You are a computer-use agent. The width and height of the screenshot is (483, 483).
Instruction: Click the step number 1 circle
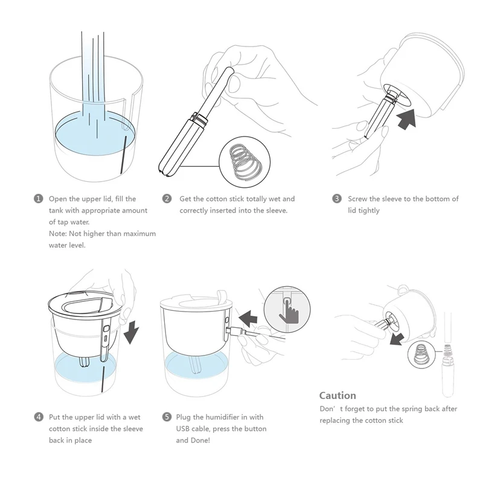point(38,199)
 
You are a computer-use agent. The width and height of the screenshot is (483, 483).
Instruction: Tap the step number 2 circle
point(167,199)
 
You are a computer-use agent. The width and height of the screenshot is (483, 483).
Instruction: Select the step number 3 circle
point(337,199)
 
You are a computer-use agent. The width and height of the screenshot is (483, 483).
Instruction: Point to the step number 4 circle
point(39,417)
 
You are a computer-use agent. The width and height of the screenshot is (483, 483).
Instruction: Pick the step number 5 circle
point(167,417)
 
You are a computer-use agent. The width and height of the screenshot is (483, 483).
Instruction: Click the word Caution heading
point(337,395)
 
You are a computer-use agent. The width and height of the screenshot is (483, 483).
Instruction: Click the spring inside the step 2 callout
point(246,161)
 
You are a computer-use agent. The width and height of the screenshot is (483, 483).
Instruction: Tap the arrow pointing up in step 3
point(406,118)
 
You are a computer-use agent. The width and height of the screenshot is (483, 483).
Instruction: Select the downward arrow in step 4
point(131,331)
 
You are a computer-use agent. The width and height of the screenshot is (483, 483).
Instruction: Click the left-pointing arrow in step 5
point(248,319)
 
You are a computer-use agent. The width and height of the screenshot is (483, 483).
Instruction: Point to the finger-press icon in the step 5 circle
point(289,311)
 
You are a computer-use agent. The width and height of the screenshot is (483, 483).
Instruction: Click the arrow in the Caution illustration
point(397,339)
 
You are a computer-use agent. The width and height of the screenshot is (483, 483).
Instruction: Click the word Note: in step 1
point(57,234)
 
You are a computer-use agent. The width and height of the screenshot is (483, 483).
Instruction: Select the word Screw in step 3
point(357,199)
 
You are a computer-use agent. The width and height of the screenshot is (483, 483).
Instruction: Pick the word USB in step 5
point(183,429)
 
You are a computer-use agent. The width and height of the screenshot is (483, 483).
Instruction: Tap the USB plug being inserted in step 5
point(236,331)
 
